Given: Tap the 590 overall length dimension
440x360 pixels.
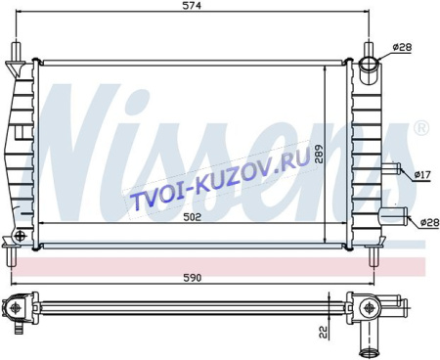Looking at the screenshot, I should click(x=195, y=279).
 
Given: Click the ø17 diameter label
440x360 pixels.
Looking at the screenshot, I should click(x=422, y=175).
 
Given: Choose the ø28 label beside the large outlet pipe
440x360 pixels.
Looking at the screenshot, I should click(x=426, y=223).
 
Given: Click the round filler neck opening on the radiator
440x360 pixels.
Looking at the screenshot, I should click(x=369, y=67).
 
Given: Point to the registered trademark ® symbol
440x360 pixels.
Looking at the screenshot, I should click(x=419, y=128).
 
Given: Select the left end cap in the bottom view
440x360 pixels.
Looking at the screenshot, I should click(x=17, y=309).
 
